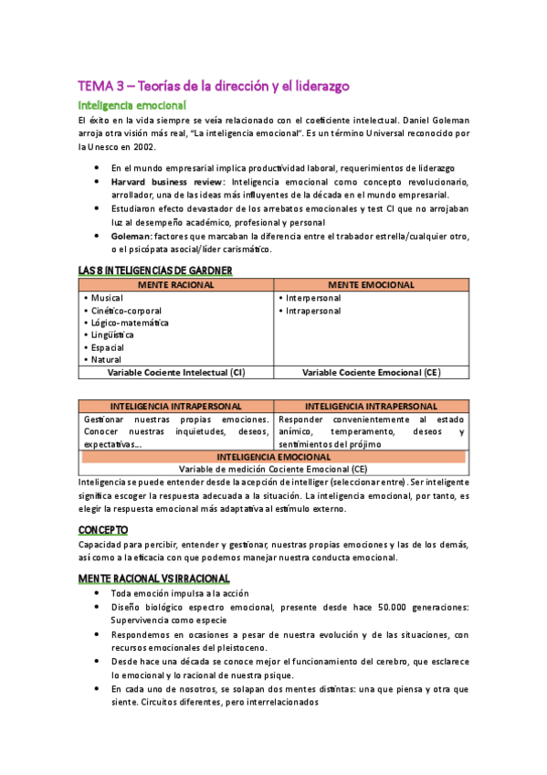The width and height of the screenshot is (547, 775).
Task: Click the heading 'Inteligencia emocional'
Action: tap(131, 106)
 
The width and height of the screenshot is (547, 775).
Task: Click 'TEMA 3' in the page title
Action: tap(100, 86)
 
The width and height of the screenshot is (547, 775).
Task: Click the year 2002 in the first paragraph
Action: tap(144, 146)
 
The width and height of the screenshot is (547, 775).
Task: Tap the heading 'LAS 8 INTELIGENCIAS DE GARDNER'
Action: tap(155, 271)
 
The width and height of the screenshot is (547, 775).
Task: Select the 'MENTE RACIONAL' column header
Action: tap(175, 285)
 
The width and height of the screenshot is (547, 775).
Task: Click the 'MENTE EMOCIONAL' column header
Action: tap(371, 285)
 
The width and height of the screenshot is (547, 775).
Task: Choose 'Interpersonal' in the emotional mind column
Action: tap(313, 298)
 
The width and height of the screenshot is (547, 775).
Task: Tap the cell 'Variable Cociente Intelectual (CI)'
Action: tap(176, 373)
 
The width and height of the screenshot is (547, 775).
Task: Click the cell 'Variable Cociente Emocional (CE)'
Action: tap(371, 373)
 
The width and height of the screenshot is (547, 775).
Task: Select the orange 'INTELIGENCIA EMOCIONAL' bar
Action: tap(273, 456)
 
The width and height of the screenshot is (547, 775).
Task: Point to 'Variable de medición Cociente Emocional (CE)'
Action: tap(273, 468)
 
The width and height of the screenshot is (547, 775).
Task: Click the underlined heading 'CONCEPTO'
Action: tap(103, 530)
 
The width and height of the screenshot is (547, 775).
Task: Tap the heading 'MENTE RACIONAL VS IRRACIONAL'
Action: tap(153, 579)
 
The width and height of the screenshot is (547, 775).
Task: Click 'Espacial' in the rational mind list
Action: tap(108, 347)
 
